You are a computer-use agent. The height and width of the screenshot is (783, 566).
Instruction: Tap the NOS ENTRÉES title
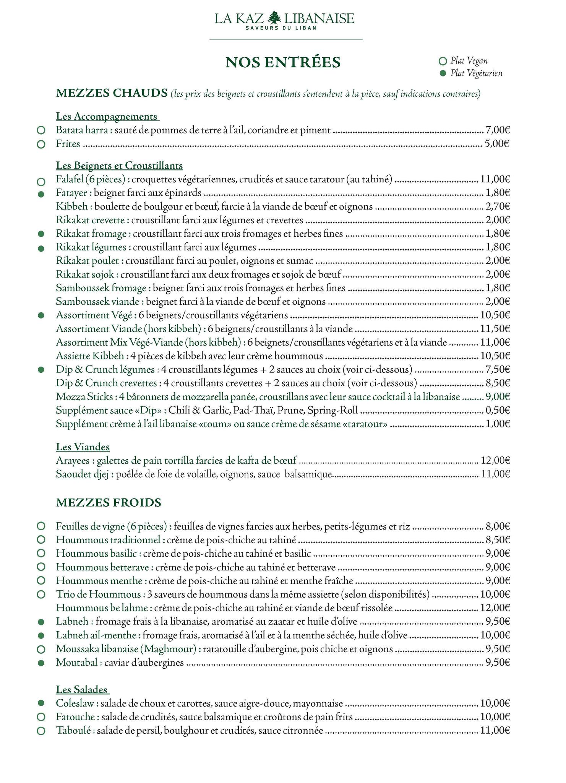(x=283, y=62)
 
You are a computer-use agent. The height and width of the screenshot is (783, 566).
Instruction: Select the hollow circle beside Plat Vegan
(x=443, y=61)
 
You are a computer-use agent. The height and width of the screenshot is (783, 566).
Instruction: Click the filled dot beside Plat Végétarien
(x=443, y=73)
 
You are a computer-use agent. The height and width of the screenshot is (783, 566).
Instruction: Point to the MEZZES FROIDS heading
(x=109, y=502)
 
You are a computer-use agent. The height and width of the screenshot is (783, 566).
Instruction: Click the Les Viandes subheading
(x=83, y=447)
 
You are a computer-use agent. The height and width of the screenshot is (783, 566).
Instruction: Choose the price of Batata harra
(x=497, y=130)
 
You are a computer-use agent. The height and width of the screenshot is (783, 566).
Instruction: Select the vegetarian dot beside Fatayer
(x=41, y=194)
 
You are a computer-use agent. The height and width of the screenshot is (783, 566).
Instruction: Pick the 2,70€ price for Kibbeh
(x=497, y=207)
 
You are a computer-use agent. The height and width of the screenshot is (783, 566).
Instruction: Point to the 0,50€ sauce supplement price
(x=497, y=411)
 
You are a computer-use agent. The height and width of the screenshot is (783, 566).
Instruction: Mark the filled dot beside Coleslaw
(x=41, y=703)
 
